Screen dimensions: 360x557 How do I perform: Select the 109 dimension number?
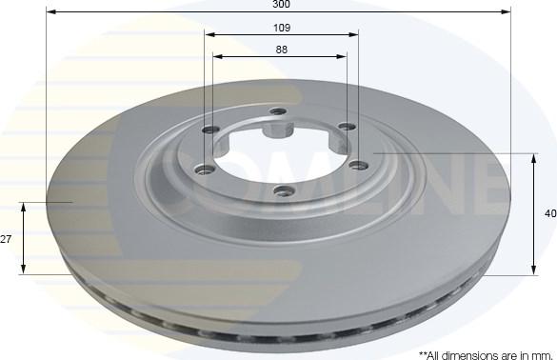coord(281,28)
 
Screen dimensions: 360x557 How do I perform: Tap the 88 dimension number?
coord(281,50)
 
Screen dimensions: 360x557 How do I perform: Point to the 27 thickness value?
coord(6,239)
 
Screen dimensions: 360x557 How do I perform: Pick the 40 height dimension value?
coord(549,214)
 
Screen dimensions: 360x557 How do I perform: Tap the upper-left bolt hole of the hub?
coord(210,130)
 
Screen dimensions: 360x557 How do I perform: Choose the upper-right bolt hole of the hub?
coord(347,128)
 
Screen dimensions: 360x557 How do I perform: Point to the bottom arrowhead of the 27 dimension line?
coord(22,270)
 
